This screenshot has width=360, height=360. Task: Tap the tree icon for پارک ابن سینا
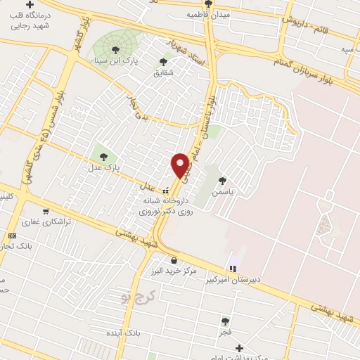[x=116, y=49]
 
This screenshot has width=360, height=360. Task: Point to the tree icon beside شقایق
[x=164, y=62]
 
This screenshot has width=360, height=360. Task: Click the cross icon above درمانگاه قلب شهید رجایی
[x=30, y=4]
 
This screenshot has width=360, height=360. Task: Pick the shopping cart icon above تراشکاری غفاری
[x=46, y=211]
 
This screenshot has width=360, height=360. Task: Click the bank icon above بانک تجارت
[x=12, y=236]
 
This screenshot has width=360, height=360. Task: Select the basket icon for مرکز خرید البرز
[x=174, y=260]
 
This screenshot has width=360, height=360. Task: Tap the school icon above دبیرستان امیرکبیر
[x=233, y=268]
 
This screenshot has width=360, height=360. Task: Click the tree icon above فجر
[x=225, y=321]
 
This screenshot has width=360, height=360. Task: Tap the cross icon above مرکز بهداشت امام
[x=240, y=347]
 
